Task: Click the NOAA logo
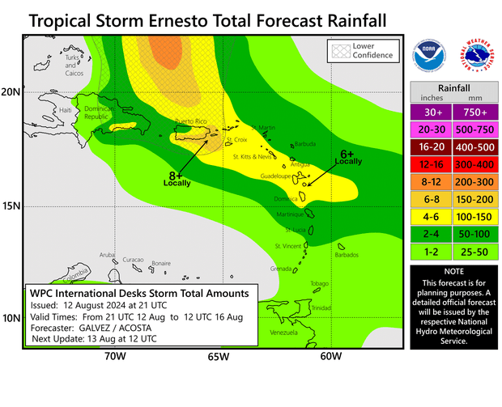click(x=429, y=56)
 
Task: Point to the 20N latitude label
click(x=11, y=92)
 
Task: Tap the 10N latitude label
click(x=11, y=319)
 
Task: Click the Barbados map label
click(x=346, y=255)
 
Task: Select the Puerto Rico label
click(x=191, y=121)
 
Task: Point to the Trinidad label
click(x=321, y=308)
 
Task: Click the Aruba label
click(x=108, y=254)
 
